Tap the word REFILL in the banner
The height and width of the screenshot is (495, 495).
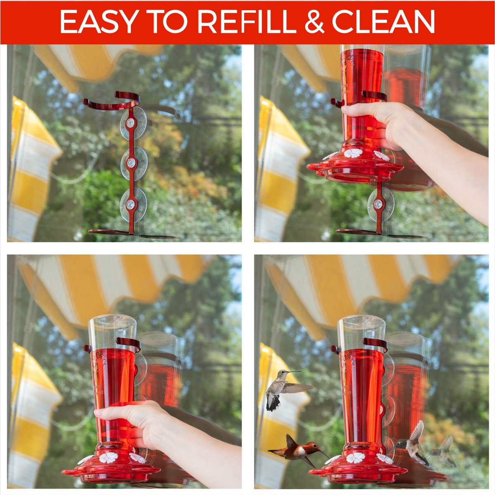click(237, 21)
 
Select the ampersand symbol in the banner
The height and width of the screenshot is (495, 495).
click(314, 21)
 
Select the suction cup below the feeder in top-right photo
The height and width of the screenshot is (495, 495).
click(379, 204)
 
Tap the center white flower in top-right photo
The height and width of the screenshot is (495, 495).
click(353, 153)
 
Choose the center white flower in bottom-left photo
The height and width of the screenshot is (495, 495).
click(109, 457)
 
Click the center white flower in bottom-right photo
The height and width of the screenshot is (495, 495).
click(356, 457)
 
